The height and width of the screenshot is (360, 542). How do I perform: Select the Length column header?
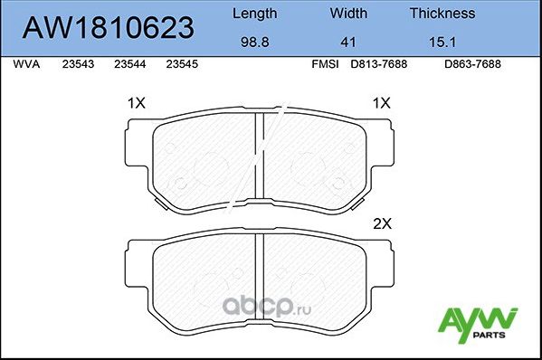click(x=255, y=14)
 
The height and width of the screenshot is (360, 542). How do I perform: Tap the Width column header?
click(x=347, y=14)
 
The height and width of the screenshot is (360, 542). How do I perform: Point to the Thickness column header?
click(x=442, y=14)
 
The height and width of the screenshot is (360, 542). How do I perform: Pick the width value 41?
click(x=347, y=42)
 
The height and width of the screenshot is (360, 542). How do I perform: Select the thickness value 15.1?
click(x=442, y=42)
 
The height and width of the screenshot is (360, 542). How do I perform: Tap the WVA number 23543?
click(x=78, y=65)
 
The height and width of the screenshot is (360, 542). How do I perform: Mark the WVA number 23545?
click(x=183, y=65)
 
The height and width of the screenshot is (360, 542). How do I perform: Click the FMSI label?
click(x=323, y=65)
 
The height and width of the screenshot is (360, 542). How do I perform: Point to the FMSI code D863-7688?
click(x=471, y=65)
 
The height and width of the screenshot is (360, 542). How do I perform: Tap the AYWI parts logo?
click(x=478, y=322)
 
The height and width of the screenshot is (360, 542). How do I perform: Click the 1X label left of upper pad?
click(x=137, y=104)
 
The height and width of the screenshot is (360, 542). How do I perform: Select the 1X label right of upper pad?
click(x=382, y=104)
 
